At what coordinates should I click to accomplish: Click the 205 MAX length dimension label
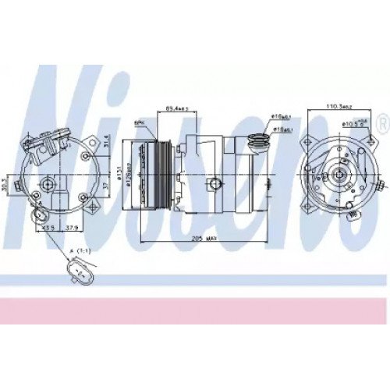click(204, 241)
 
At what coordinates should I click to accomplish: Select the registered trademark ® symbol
click(381, 123)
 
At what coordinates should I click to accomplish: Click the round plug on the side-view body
click(212, 183)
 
